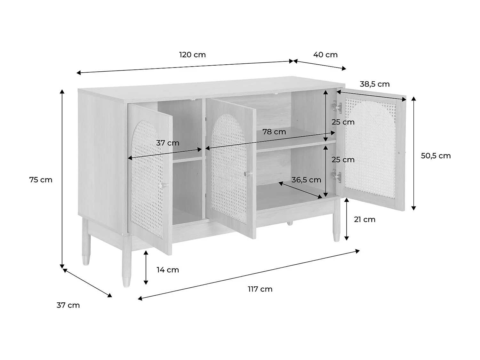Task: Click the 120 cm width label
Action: [192, 55]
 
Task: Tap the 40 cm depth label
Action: [325, 55]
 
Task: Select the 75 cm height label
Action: [41, 180]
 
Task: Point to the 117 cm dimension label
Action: [260, 289]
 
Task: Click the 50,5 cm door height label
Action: [436, 156]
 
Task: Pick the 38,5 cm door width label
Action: [375, 84]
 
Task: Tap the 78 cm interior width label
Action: [274, 132]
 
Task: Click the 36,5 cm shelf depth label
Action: [306, 180]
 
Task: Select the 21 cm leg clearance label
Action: [364, 220]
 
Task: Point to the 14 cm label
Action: [168, 270]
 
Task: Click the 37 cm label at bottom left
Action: [68, 305]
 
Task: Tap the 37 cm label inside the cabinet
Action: [168, 143]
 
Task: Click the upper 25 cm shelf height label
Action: [343, 122]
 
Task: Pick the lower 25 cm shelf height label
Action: [343, 160]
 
